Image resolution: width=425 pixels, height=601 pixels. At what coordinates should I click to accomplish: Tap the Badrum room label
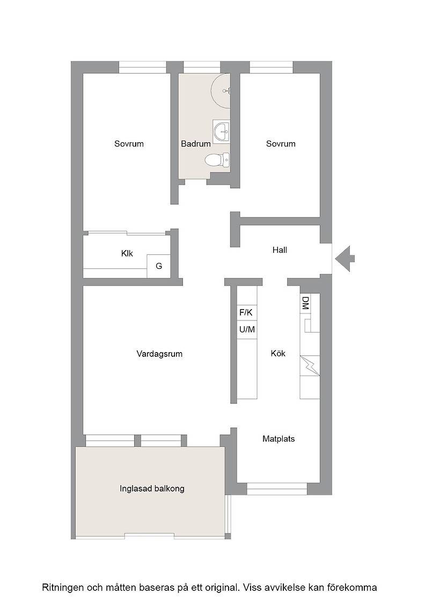[196, 144]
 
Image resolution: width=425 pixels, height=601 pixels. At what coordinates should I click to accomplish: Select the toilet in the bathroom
[217, 159]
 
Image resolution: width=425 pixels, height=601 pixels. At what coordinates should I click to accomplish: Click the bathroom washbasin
[222, 131]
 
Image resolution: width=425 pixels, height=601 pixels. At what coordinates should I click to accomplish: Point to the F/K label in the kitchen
[246, 312]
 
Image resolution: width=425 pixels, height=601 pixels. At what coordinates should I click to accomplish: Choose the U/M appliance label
[247, 329]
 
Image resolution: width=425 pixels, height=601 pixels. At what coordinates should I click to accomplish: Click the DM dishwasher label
[305, 303]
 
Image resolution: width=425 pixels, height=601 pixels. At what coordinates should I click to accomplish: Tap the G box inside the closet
[159, 266]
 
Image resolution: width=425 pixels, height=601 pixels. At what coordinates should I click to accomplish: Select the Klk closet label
[127, 253]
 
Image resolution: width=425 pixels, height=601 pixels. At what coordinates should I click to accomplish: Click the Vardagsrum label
[159, 354]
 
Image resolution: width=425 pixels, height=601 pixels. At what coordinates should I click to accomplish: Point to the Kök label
[278, 354]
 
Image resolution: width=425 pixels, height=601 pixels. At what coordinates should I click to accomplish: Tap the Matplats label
[279, 439]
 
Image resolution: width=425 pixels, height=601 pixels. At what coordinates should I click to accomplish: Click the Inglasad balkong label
[152, 489]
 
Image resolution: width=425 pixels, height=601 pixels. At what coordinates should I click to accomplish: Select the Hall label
[280, 250]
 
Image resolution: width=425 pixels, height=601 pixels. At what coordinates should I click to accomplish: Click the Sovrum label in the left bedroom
[129, 144]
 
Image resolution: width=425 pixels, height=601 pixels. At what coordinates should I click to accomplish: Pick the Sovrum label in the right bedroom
[281, 144]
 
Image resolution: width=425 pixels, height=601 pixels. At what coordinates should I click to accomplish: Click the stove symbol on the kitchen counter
[310, 366]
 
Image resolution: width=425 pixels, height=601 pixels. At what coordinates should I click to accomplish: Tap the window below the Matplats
[277, 489]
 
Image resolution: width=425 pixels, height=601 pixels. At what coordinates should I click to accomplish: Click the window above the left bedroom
[142, 68]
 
